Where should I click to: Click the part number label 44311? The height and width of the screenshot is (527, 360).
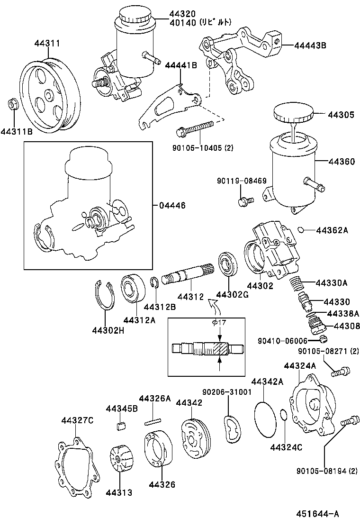46,43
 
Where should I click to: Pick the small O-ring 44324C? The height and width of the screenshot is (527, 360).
283,416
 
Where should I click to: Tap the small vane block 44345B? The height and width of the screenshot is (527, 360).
120,425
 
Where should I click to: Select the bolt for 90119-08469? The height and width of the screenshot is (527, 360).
244,201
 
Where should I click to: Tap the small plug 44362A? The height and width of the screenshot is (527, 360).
300,230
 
